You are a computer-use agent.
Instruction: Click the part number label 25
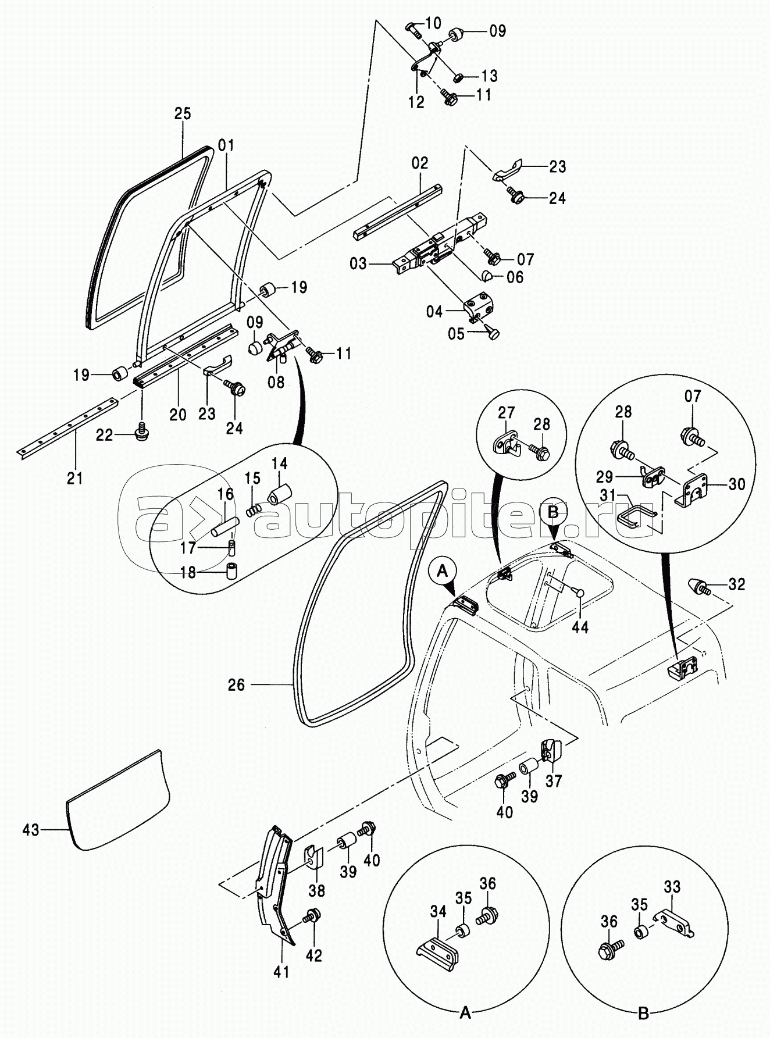pos(183,113)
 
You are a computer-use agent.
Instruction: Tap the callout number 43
pos(31,830)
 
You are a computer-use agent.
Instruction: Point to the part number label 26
pos(236,685)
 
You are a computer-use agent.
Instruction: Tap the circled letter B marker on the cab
pos(553,512)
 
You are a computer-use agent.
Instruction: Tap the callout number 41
pos(281,972)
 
